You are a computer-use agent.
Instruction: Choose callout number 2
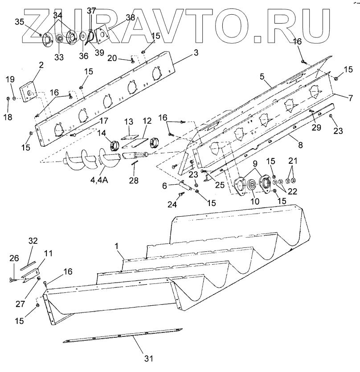(x=41, y=65)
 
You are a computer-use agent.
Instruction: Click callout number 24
(x=172, y=205)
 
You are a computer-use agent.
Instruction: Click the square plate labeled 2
(x=28, y=93)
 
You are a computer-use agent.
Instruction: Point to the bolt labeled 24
(x=182, y=194)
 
